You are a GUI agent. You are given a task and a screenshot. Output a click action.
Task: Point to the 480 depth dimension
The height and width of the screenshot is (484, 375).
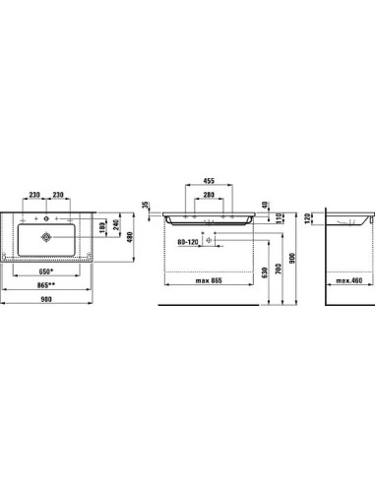click(x=132, y=237)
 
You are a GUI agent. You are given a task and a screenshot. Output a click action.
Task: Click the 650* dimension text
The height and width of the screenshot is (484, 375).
click(x=45, y=271)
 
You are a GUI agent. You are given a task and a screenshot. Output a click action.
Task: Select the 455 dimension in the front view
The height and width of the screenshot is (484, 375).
click(x=210, y=182)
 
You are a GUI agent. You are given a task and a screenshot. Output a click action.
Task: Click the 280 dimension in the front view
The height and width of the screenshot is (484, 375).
click(x=210, y=196)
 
